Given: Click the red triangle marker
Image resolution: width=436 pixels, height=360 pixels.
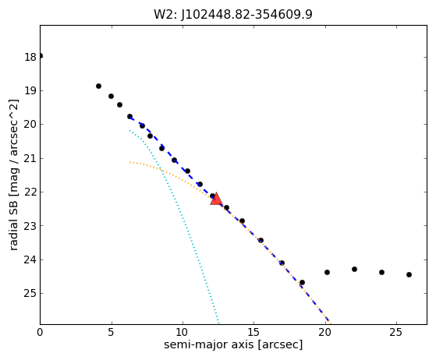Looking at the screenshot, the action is (x=216, y=199).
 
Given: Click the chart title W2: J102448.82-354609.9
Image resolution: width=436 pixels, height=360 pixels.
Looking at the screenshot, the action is (x=233, y=15).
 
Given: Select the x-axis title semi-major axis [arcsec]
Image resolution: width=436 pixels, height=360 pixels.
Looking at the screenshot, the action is (x=233, y=344).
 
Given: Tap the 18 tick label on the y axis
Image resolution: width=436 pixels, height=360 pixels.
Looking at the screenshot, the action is (x=30, y=57).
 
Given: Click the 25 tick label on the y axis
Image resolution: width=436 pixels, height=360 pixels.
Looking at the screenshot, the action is (x=30, y=293).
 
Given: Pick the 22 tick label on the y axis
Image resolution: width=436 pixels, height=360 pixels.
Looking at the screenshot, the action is (x=30, y=192).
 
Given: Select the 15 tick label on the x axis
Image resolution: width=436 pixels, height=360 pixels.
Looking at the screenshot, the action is (x=253, y=332).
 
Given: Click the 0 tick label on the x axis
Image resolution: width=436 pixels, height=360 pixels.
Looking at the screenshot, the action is (x=40, y=332).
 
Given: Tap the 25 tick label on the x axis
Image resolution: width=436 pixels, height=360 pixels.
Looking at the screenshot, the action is (x=396, y=332).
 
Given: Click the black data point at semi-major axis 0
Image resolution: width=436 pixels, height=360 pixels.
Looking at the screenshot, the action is (x=41, y=56).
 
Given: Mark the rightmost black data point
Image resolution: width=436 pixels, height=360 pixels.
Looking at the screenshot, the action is (x=409, y=275).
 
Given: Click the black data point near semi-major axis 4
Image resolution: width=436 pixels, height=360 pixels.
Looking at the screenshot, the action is (x=98, y=86).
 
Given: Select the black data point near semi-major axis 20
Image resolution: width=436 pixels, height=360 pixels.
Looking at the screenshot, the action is (x=328, y=272).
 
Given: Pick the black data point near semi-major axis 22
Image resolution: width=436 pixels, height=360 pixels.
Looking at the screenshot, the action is (x=355, y=269).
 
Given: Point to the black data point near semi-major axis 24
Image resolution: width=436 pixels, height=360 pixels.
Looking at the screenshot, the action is (x=381, y=272).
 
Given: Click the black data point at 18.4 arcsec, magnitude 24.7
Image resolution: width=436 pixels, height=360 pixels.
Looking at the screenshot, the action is (x=303, y=283).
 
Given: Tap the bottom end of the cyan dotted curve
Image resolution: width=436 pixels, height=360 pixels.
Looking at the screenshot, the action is (x=219, y=323).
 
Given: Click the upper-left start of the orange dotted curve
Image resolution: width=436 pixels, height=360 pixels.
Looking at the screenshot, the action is (x=129, y=162).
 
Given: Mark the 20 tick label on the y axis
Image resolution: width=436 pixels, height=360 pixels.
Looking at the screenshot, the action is (x=30, y=125).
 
